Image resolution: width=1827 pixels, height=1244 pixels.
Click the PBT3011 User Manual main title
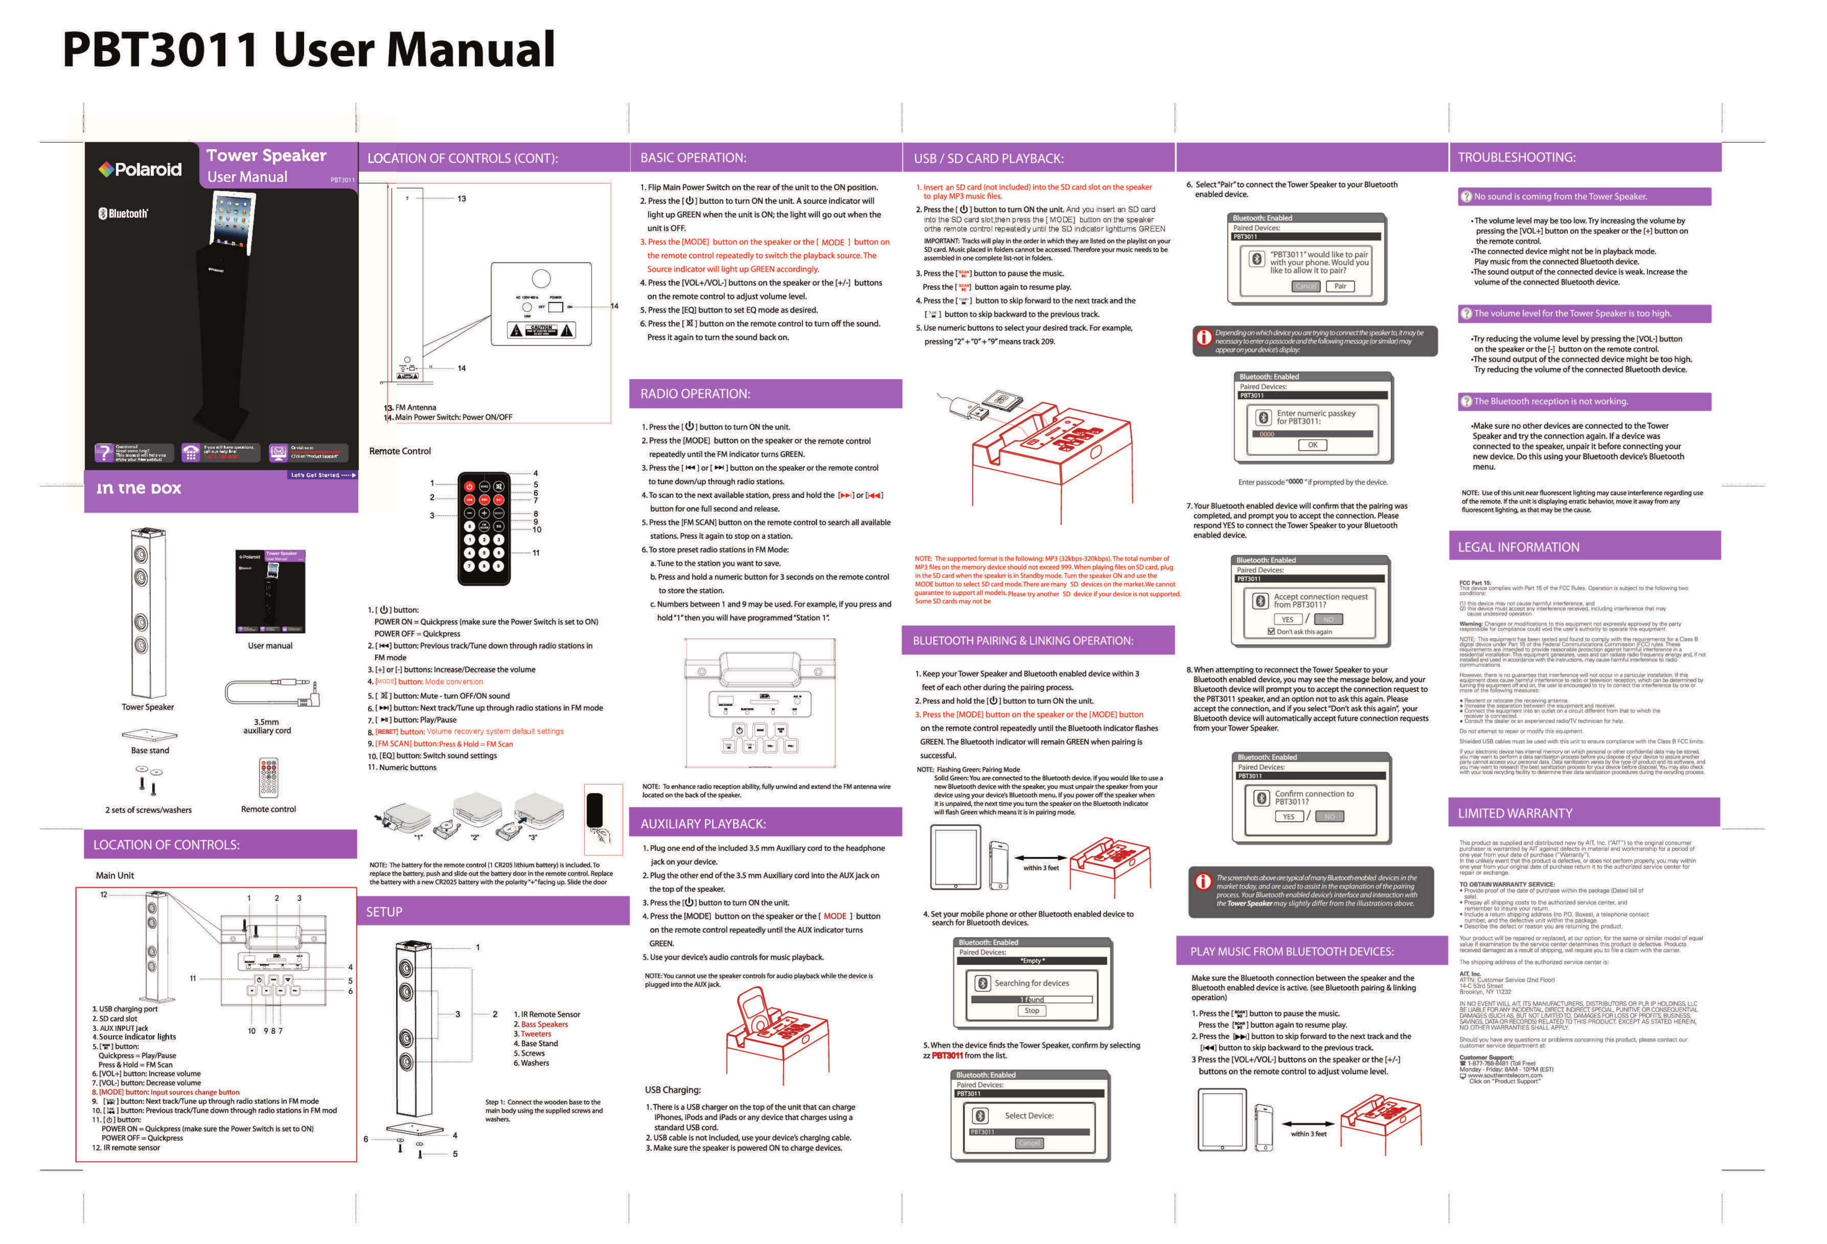coord(308,49)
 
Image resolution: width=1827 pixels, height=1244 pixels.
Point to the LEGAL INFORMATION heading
coord(1518,547)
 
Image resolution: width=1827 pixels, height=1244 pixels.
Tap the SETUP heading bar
coord(385,912)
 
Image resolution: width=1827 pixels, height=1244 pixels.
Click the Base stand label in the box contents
coord(150,751)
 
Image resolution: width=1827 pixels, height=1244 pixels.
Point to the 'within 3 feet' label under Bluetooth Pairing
coord(1041,868)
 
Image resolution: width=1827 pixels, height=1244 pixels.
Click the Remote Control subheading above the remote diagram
coord(400,451)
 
